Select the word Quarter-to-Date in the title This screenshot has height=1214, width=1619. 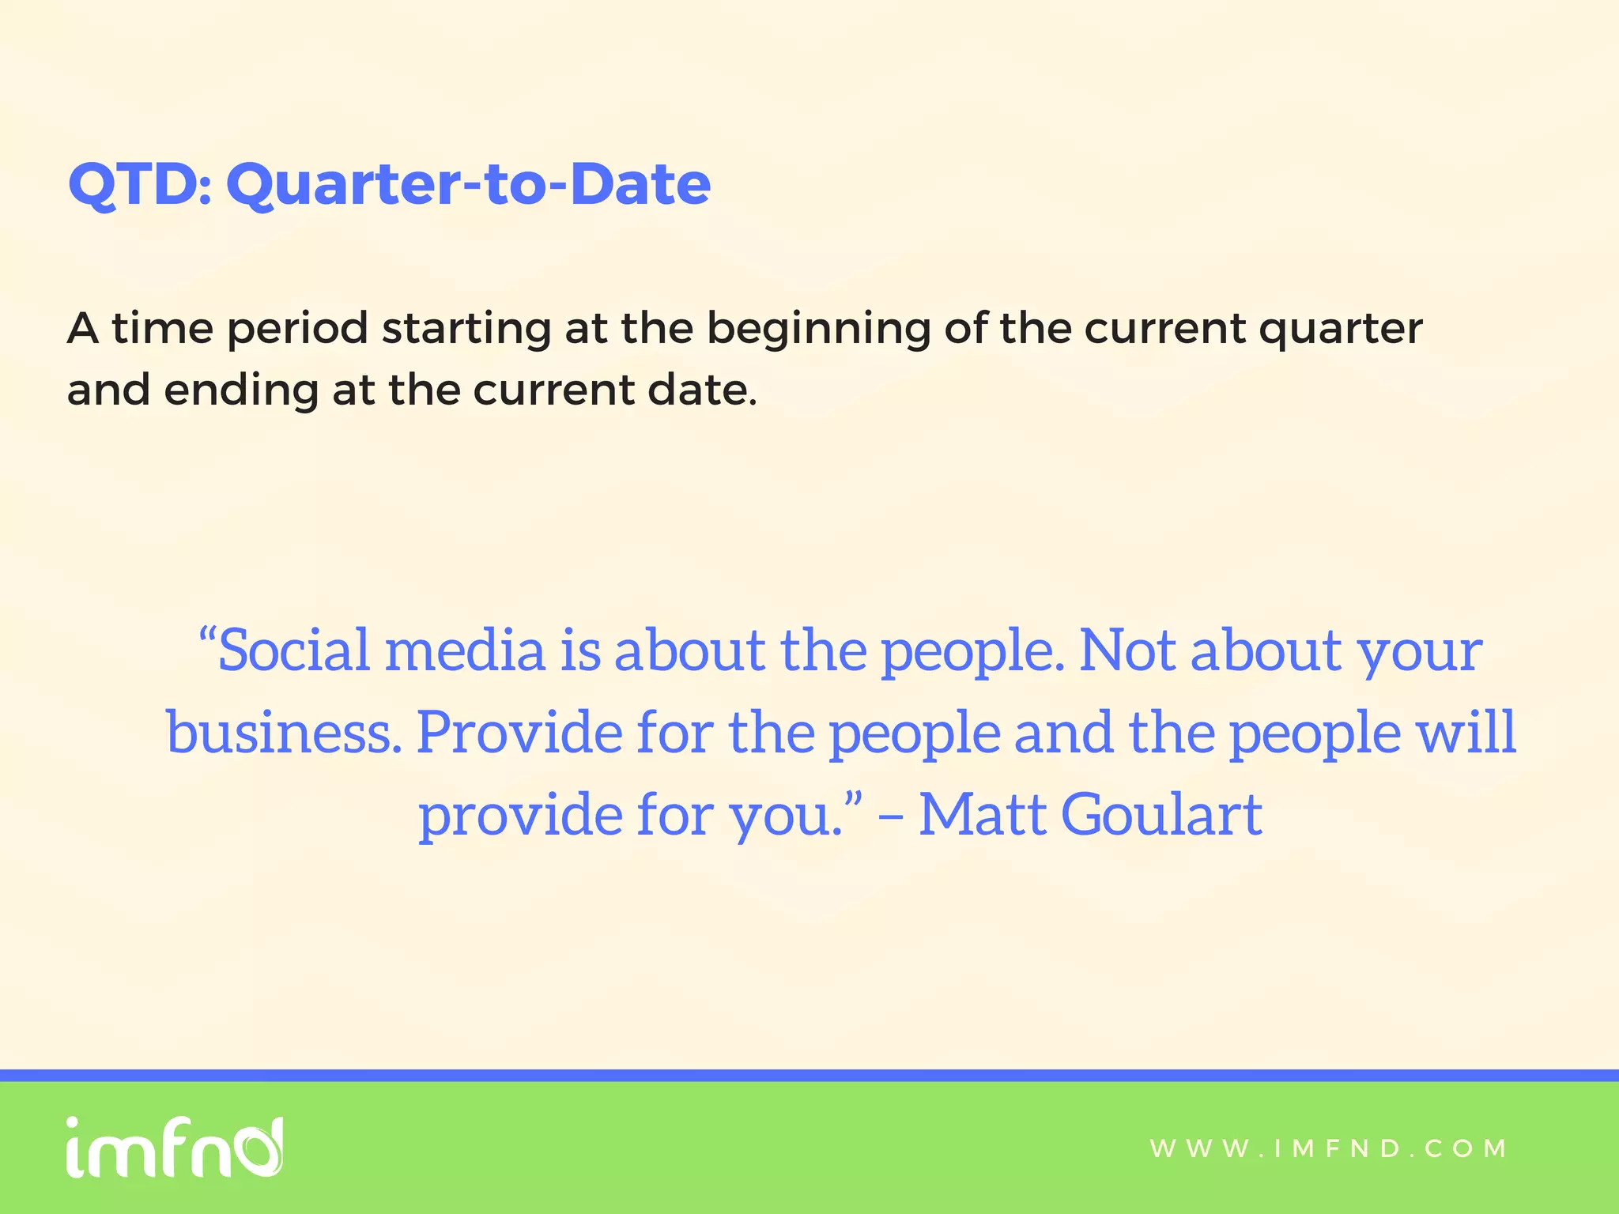coord(468,184)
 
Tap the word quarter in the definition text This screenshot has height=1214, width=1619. coord(1341,330)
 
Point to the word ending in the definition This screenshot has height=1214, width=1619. coord(240,390)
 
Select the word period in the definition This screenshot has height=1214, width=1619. coord(297,330)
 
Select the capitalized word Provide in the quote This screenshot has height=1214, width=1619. coord(519,732)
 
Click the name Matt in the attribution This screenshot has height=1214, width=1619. coord(982,814)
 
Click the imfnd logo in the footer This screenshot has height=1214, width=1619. coord(174,1148)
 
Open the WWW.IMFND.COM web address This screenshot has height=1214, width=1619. coord(1328,1148)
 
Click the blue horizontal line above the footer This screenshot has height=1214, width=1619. coord(809,1075)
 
